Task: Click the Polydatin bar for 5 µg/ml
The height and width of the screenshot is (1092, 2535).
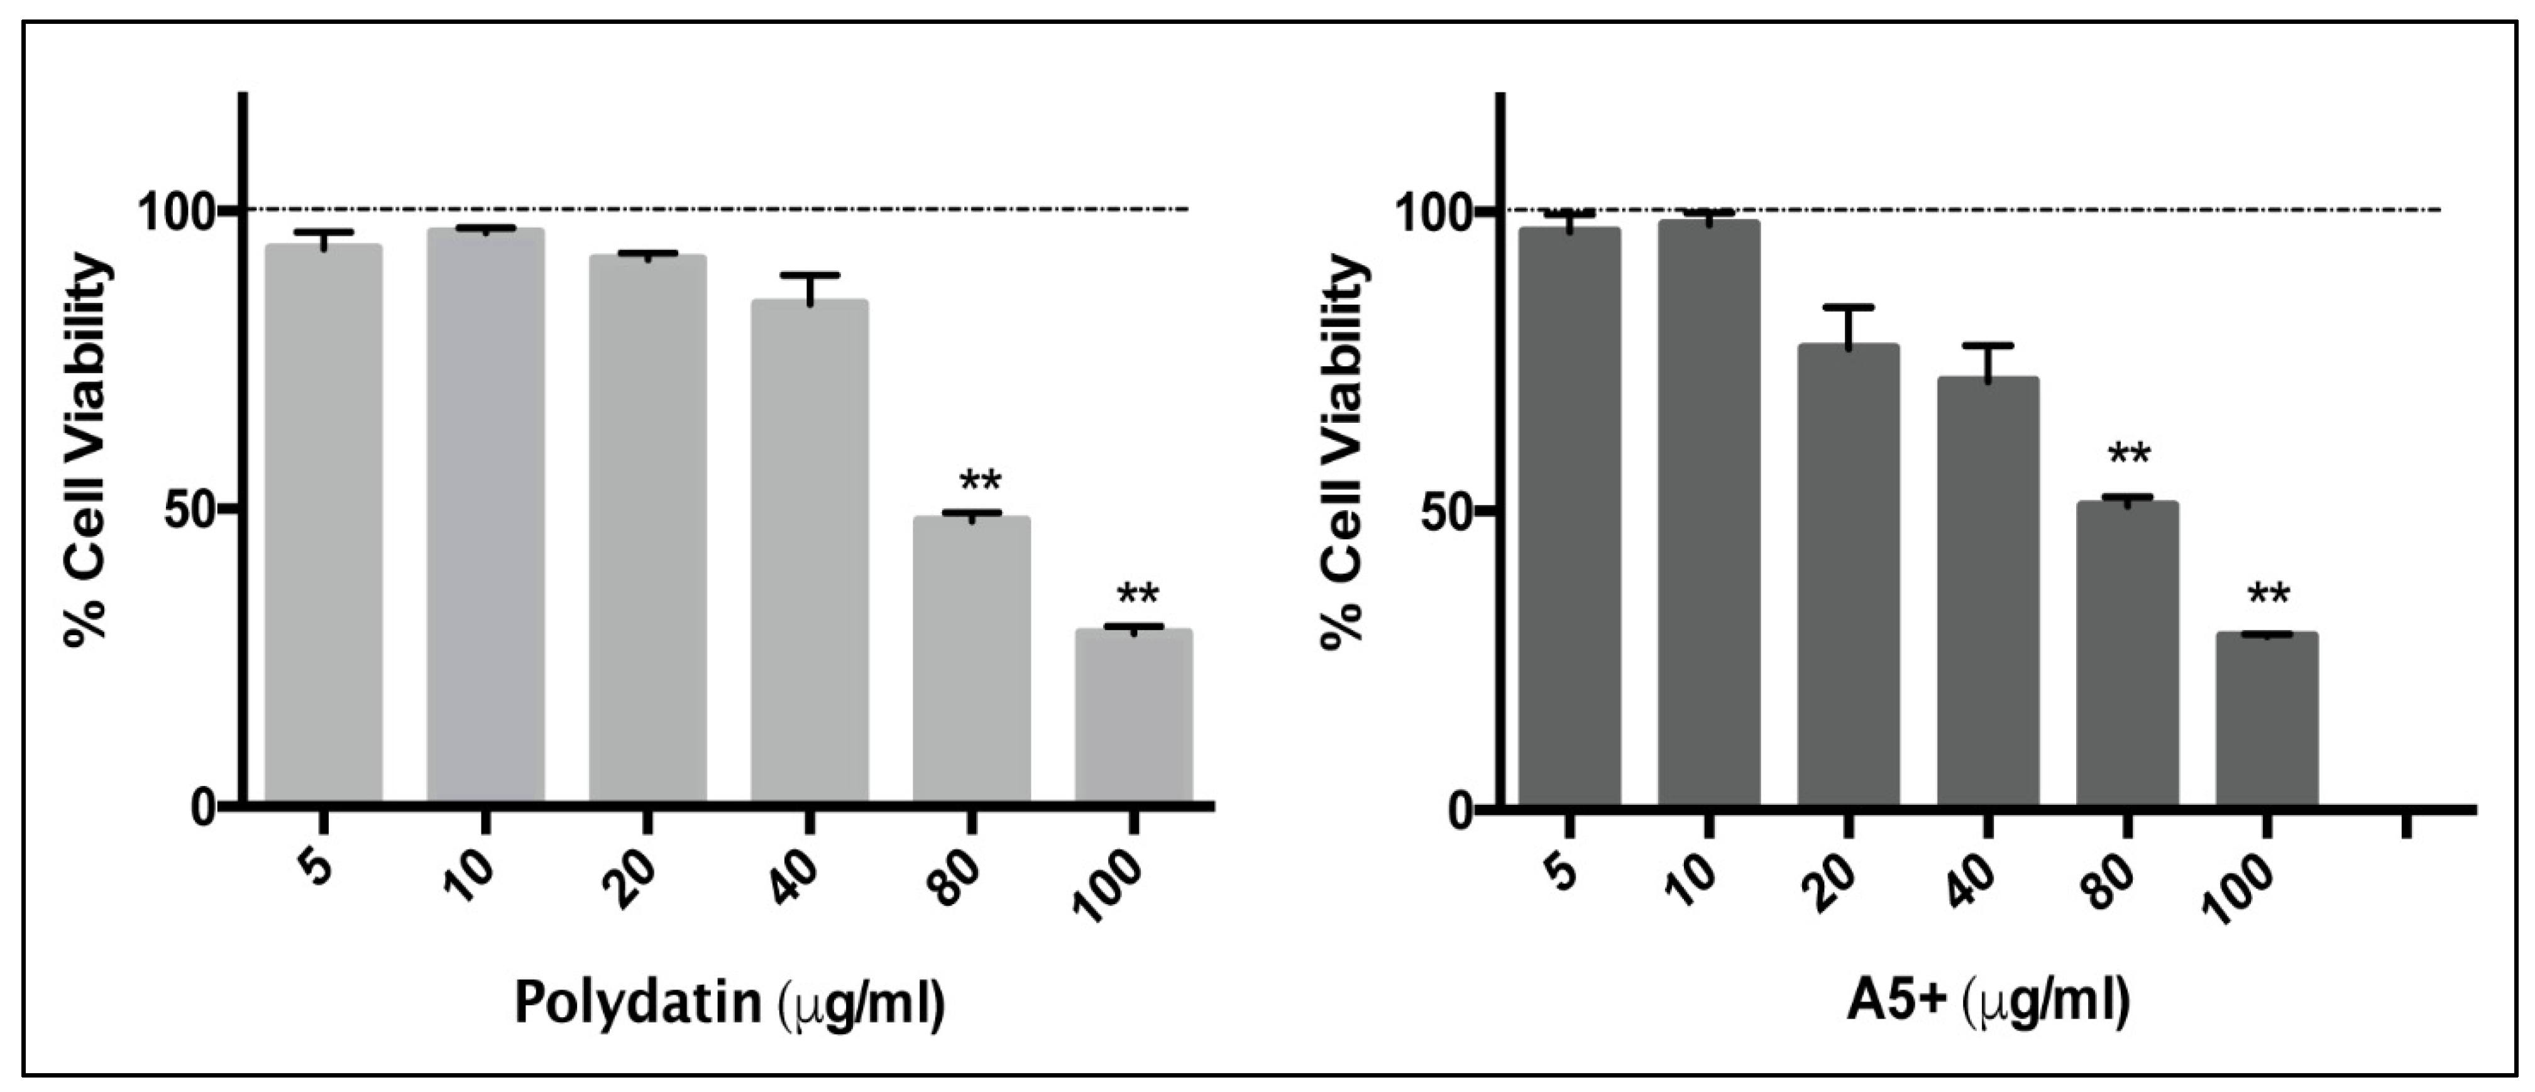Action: [324, 521]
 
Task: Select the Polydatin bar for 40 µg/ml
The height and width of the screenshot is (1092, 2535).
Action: [809, 551]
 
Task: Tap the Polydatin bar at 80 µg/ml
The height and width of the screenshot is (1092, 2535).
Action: [971, 659]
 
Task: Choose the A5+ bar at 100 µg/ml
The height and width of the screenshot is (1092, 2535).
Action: [2267, 718]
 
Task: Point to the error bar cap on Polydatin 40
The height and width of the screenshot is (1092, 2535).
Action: [809, 275]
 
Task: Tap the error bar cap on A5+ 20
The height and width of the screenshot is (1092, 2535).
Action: [1848, 308]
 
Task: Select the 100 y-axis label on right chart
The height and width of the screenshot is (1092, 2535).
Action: [1437, 212]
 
